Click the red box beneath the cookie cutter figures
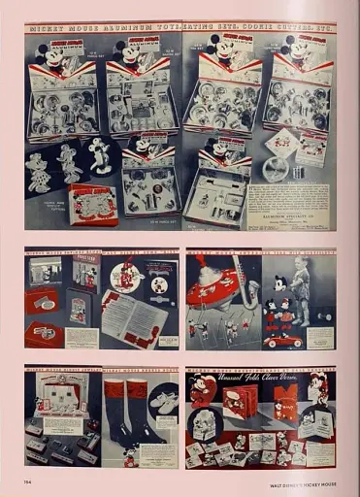click(x=93, y=203)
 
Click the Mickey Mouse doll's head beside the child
click(x=279, y=283)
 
